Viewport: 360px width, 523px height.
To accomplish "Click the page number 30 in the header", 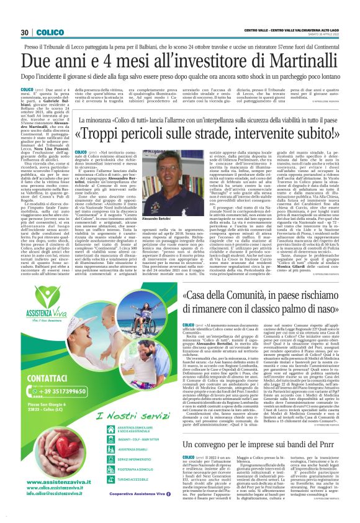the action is click(x=25, y=32).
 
